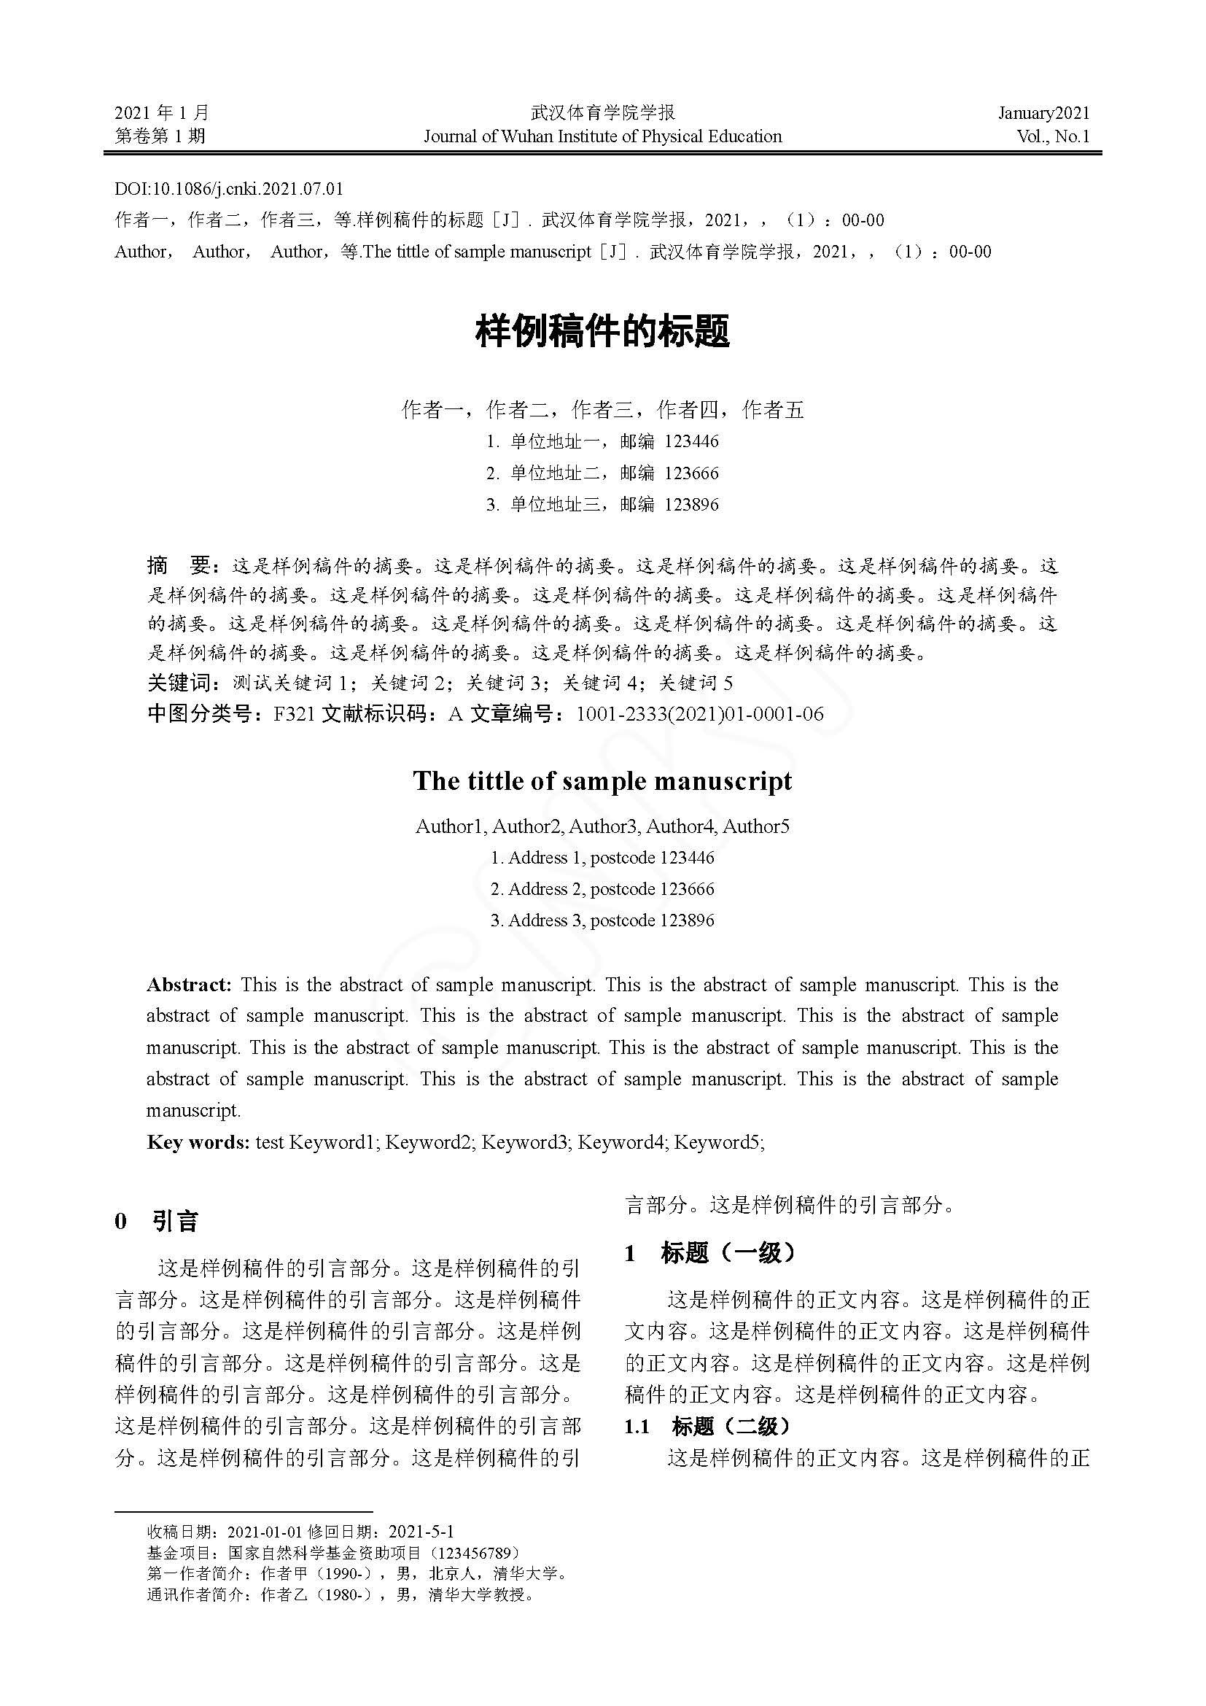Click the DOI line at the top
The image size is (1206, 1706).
[229, 190]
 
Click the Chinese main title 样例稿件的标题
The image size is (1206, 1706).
[602, 332]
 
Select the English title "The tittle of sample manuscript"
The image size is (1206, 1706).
[602, 781]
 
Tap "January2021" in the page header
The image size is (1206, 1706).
[1043, 113]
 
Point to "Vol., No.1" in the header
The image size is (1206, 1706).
[1053, 136]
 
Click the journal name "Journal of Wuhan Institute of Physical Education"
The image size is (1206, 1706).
[602, 136]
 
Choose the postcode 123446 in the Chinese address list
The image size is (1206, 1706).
[691, 441]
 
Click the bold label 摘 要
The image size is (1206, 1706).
[182, 566]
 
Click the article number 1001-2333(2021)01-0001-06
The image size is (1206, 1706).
[699, 714]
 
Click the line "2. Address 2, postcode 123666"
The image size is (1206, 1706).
[602, 889]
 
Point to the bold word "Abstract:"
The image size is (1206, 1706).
[190, 985]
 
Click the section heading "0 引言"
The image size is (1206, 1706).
[157, 1222]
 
